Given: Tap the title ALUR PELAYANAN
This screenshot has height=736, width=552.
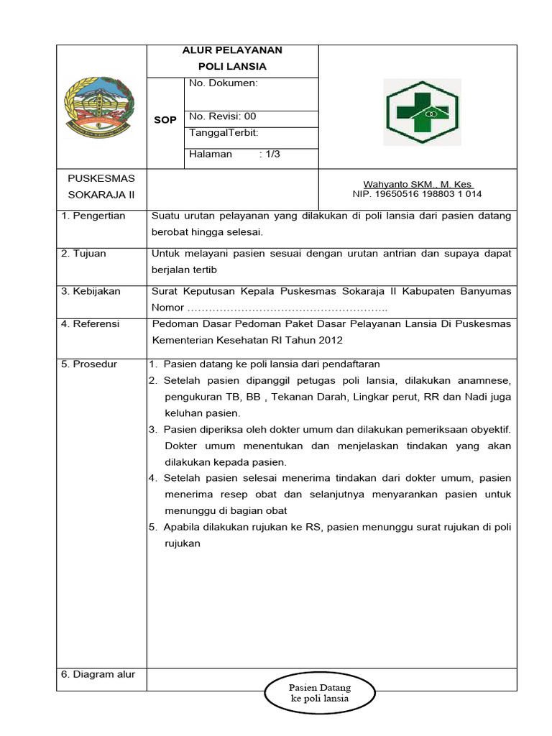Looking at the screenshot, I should tap(232, 50).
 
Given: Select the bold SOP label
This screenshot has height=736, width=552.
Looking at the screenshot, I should tap(165, 120).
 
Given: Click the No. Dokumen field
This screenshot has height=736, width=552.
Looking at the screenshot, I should tap(224, 83).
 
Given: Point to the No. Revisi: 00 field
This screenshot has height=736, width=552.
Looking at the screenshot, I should tap(223, 116).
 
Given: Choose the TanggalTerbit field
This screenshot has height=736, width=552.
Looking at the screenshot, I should tap(224, 133).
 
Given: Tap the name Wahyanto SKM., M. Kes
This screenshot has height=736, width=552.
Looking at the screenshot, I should tap(418, 185).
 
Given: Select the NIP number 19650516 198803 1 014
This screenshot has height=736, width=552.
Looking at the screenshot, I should tap(418, 194).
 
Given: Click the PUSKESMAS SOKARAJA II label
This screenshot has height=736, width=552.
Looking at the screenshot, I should tap(101, 186).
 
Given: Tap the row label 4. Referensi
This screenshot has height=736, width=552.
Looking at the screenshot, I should tap(91, 324).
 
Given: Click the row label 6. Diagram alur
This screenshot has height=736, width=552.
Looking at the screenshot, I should tap(98, 674).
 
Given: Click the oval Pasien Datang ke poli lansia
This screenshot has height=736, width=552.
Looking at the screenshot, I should tap(320, 693).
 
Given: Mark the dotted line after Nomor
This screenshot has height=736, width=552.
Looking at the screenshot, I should tap(287, 308).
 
